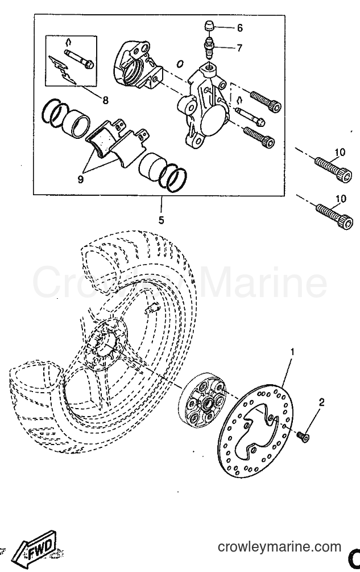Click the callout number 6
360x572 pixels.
point(239,28)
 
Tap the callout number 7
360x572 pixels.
point(239,48)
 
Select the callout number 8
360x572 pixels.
point(105,100)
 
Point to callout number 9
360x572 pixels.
point(81,179)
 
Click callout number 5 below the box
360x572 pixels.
point(161,220)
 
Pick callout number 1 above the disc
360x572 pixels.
point(292,352)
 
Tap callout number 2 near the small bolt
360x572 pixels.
point(321,402)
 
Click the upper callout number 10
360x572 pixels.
point(340,152)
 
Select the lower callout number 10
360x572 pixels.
point(341,199)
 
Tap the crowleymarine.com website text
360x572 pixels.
point(279,547)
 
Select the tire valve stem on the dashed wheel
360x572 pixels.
point(151,308)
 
